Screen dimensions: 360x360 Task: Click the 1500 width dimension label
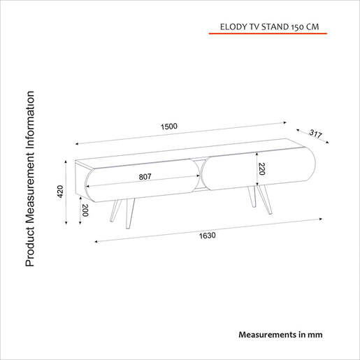pyautogui.click(x=168, y=127)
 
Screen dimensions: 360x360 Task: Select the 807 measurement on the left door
pyautogui.click(x=145, y=177)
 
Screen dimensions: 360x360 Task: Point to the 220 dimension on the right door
pyautogui.click(x=261, y=168)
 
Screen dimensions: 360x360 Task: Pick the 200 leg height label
pyautogui.click(x=85, y=210)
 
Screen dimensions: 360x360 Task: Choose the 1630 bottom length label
pyautogui.click(x=208, y=235)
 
